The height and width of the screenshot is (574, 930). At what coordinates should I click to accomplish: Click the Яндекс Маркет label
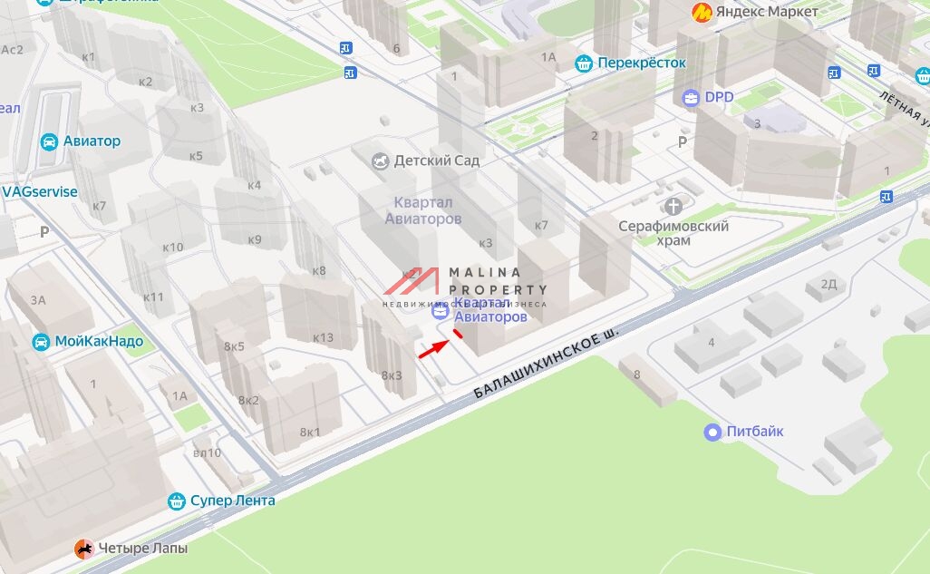tap(767, 12)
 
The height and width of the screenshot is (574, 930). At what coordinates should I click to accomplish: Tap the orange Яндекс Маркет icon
tap(701, 12)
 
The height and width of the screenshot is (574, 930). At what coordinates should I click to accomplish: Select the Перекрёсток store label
tap(642, 63)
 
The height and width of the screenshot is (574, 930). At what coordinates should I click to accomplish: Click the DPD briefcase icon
tap(691, 97)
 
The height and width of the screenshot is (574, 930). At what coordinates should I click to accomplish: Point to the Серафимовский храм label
tap(673, 233)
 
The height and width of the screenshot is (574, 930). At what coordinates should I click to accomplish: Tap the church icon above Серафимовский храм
tap(673, 207)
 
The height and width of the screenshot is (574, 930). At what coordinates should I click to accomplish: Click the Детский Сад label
tap(441, 161)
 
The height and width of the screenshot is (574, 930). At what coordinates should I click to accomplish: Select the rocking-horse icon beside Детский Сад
tap(382, 161)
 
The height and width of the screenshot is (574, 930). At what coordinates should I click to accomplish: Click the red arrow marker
tap(434, 349)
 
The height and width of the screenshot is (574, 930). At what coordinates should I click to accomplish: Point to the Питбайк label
tap(755, 432)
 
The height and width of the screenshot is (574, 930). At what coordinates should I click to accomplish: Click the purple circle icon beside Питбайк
tap(713, 433)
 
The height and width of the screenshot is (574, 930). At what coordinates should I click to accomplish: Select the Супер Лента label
tap(232, 501)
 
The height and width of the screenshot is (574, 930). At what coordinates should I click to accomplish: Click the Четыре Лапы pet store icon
tap(83, 548)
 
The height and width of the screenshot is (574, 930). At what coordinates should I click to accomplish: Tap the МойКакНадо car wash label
tap(99, 342)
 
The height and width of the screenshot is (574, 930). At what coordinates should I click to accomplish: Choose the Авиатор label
tap(92, 141)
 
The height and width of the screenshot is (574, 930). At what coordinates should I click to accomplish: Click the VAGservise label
tap(40, 192)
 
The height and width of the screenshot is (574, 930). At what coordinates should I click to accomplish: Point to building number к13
tap(323, 338)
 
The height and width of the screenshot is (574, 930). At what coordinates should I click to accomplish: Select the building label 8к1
tap(311, 432)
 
